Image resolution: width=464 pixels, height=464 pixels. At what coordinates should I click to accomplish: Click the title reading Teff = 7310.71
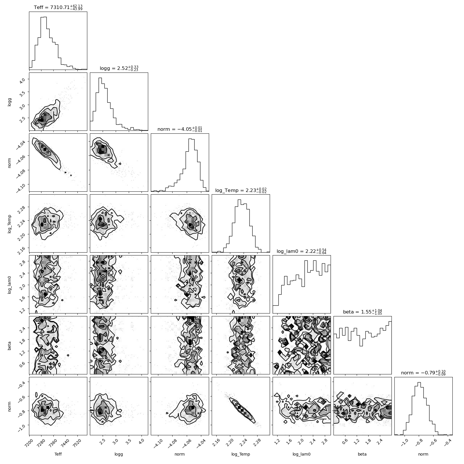pyautogui.click(x=58, y=7)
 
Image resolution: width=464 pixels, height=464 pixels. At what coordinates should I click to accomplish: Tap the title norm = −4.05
pyautogui.click(x=180, y=129)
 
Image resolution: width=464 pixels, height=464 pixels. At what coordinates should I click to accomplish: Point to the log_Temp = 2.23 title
pyautogui.click(x=241, y=190)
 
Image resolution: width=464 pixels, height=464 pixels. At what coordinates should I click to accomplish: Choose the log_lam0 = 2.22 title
pyautogui.click(x=302, y=251)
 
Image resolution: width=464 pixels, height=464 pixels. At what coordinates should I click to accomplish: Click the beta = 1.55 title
pyautogui.click(x=362, y=312)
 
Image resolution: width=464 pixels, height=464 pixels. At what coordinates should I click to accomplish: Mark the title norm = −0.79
pyautogui.click(x=423, y=373)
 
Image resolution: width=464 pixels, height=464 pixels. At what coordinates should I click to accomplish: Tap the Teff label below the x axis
pyautogui.click(x=58, y=454)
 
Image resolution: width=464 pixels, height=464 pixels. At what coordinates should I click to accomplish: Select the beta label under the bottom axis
pyautogui.click(x=362, y=454)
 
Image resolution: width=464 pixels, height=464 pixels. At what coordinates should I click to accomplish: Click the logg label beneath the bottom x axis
pyautogui.click(x=119, y=454)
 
